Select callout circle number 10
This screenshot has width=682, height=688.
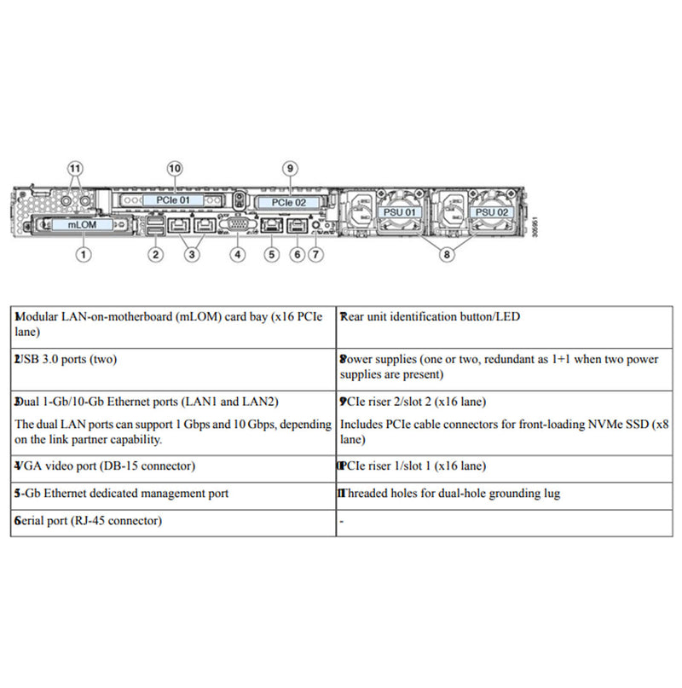pyautogui.click(x=175, y=168)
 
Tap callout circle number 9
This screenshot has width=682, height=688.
pyautogui.click(x=289, y=168)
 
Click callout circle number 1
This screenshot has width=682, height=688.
pyautogui.click(x=84, y=253)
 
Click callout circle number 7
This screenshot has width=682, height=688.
pyautogui.click(x=316, y=253)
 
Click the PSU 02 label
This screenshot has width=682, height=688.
pyautogui.click(x=491, y=211)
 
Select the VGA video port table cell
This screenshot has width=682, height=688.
pyautogui.click(x=173, y=466)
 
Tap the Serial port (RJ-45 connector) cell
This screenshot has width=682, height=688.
pyautogui.click(x=173, y=521)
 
